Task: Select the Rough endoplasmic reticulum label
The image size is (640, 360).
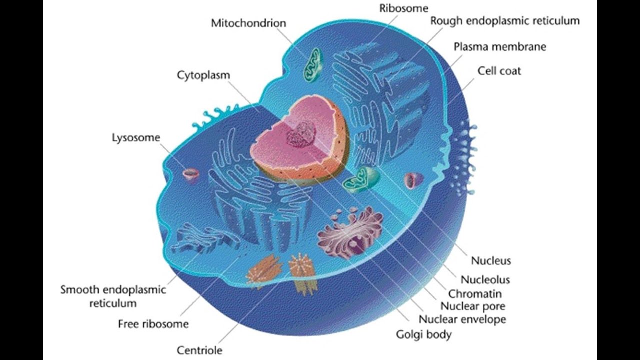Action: (504, 21)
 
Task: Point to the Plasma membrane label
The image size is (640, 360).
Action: (499, 47)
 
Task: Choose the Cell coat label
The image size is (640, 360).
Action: (499, 71)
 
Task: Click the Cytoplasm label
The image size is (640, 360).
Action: (203, 75)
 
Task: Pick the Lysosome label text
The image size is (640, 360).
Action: (135, 137)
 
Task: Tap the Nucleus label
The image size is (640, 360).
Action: (490, 260)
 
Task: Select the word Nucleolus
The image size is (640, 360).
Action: (485, 279)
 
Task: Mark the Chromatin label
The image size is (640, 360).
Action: (474, 293)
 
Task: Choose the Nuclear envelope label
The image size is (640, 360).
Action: (462, 319)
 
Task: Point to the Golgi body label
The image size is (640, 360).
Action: (423, 334)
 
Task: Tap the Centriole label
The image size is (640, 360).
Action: (199, 350)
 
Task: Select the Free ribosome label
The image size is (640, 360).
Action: (153, 324)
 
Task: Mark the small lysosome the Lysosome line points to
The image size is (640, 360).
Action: (190, 174)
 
